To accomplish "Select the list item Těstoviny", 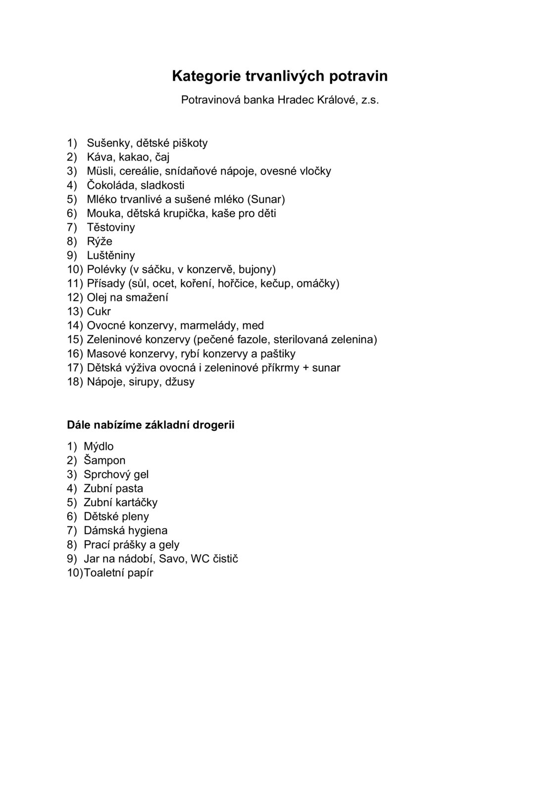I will point(110,227).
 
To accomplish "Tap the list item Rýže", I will point(100,241).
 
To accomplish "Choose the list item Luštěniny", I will point(110,256).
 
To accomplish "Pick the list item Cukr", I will point(99,312).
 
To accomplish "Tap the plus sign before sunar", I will point(305,368).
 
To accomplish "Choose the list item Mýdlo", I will point(99,447).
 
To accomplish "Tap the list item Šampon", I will point(104,460).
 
